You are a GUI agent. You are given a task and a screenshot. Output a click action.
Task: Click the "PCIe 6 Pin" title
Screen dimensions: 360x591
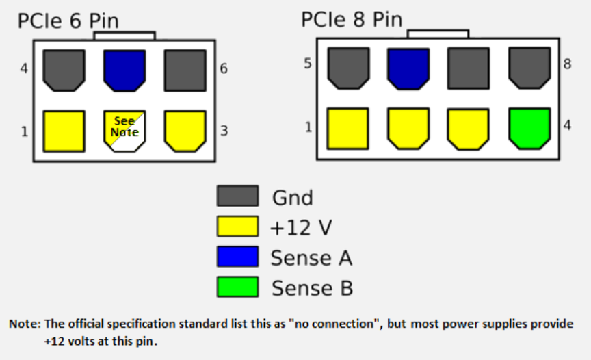point(68,21)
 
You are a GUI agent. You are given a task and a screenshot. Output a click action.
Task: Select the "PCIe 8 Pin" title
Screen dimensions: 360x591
point(351,19)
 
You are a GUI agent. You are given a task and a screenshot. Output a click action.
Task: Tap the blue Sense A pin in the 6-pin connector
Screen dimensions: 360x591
point(124,69)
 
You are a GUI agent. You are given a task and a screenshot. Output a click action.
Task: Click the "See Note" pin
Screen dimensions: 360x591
point(124,130)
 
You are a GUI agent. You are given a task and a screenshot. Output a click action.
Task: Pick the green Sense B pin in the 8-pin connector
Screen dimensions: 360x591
point(529,128)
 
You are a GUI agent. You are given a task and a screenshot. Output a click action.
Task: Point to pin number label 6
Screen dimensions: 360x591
point(224,69)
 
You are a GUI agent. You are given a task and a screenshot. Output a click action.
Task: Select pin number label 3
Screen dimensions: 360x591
point(224,131)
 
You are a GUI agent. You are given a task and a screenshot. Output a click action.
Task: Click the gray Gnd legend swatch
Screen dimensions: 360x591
point(237,196)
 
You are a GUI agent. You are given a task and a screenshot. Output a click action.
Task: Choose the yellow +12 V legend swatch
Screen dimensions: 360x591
point(237,227)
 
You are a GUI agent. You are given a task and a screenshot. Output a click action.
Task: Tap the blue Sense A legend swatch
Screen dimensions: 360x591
point(237,257)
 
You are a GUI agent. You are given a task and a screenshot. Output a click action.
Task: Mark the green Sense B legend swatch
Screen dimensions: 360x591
point(237,287)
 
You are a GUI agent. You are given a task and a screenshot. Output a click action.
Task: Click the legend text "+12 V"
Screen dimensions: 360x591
point(301,227)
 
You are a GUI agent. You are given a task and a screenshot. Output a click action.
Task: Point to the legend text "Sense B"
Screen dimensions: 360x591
point(312,288)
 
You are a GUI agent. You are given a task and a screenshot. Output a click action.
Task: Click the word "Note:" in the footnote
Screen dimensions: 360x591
point(26,324)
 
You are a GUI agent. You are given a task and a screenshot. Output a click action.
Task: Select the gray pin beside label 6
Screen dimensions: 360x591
point(185,69)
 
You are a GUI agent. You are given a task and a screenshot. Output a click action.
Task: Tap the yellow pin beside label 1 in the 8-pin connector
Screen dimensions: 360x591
point(347,128)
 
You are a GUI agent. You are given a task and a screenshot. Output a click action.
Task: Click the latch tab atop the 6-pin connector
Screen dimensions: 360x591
point(124,36)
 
